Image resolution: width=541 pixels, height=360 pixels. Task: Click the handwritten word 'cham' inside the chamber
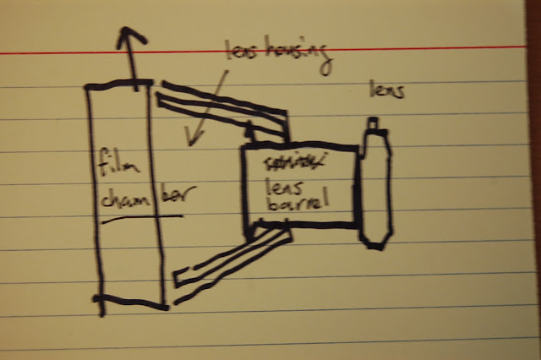[x=120, y=201]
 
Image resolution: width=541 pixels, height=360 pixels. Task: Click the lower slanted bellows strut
[x=228, y=259]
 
